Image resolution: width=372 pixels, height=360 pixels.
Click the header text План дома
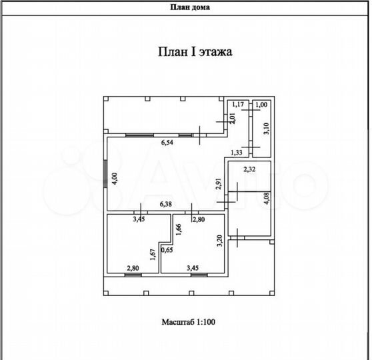tap(190, 7)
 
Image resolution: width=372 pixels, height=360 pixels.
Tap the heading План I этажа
tap(195, 52)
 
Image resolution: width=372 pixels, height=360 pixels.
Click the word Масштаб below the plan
tap(178, 322)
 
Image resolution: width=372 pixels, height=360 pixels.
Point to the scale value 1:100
tap(205, 322)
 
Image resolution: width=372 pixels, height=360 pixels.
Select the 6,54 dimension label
tap(167, 143)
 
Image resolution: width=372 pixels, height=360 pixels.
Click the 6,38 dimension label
tap(165, 204)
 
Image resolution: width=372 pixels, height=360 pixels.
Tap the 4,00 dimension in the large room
tap(115, 179)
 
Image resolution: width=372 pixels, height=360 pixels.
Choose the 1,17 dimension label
tap(238, 104)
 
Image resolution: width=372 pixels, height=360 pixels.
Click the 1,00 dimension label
tap(261, 105)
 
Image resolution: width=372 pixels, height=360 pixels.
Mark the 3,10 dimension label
tap(267, 129)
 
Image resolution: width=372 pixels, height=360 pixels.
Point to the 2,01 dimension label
tap(233, 118)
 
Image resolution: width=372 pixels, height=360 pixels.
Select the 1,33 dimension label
tap(237, 153)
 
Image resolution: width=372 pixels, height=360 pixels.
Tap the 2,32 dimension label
tap(249, 169)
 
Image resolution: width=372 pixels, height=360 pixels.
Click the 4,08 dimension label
tap(267, 198)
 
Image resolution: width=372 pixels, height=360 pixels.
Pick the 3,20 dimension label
tap(220, 241)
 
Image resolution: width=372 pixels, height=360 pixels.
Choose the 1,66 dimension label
tap(179, 229)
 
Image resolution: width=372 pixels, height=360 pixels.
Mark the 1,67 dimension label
tap(153, 255)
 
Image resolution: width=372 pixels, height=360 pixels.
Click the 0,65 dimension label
tap(167, 250)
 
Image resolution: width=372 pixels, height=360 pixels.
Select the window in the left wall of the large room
tap(105, 173)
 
